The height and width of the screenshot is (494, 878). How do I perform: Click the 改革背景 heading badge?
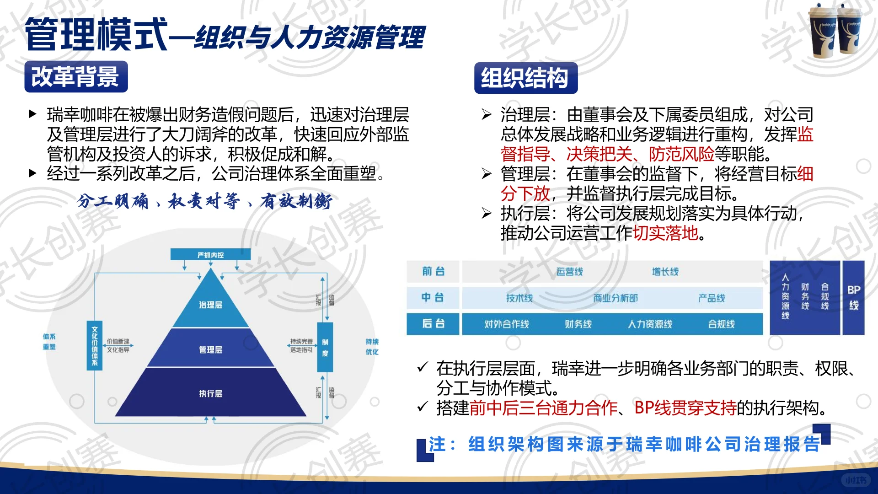pyautogui.click(x=76, y=76)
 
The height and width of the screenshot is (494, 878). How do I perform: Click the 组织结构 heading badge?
pyautogui.click(x=525, y=78)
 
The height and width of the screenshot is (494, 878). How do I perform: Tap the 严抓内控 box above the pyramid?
pyautogui.click(x=210, y=255)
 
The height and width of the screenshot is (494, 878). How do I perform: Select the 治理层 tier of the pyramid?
pyautogui.click(x=210, y=305)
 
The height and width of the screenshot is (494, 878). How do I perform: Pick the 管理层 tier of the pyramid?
pyautogui.click(x=210, y=349)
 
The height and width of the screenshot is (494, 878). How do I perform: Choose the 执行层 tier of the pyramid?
pyautogui.click(x=210, y=393)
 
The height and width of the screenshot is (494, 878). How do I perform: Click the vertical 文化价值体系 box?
pyautogui.click(x=95, y=345)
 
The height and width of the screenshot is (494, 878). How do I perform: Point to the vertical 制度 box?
pyautogui.click(x=325, y=348)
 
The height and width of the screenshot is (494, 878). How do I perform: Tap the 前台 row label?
pyautogui.click(x=433, y=271)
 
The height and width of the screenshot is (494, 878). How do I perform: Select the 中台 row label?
pyautogui.click(x=433, y=297)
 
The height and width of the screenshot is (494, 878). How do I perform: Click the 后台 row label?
pyautogui.click(x=433, y=324)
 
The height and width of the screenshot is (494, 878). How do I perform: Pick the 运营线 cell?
pyautogui.click(x=569, y=272)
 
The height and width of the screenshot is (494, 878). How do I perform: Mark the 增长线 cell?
pyautogui.click(x=665, y=272)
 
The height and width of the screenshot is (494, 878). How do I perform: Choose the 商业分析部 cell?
pyautogui.click(x=615, y=298)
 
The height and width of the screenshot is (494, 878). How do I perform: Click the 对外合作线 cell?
pyautogui.click(x=507, y=324)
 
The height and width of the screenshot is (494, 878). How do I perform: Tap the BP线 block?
pyautogui.click(x=853, y=297)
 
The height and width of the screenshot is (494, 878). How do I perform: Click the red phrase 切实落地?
pyautogui.click(x=665, y=233)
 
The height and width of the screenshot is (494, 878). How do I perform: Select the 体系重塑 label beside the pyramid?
pyautogui.click(x=49, y=342)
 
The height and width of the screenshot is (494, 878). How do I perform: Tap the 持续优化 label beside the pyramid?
pyautogui.click(x=372, y=347)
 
